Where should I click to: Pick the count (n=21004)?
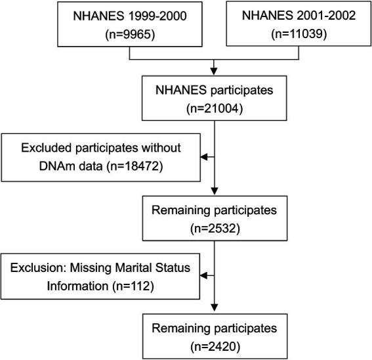[213, 104]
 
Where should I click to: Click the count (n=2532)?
[213, 231]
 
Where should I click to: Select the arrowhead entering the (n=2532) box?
[213, 193]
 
